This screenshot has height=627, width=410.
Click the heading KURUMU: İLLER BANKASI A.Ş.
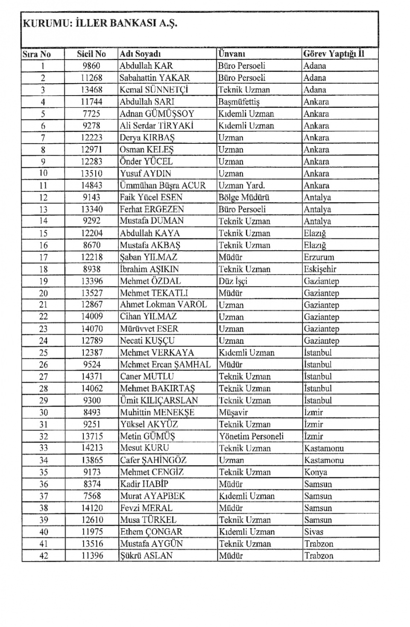coord(100,23)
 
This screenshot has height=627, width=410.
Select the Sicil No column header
coord(91,54)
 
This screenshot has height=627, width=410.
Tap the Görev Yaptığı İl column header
coord(334,54)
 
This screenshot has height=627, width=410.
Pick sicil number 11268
coord(91,78)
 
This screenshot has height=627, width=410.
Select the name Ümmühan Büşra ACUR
coord(162,186)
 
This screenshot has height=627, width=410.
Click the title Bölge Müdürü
coord(244,197)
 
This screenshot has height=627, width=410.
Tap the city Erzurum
coord(319,257)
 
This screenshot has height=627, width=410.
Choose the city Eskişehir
coord(320,269)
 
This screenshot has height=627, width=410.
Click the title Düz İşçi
coord(233,281)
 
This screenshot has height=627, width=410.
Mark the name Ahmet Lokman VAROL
coord(163,305)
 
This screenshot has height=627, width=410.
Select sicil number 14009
coord(91,317)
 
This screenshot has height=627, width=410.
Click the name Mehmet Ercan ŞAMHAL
coord(165,365)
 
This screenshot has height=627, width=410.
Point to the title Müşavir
coord(233,412)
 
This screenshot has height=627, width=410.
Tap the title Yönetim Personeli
coord(251,436)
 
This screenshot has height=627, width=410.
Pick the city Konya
coord(316,472)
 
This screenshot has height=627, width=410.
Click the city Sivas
coord(314,532)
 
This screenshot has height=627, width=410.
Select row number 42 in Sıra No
coord(44,556)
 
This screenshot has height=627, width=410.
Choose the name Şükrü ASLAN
coord(146,556)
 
